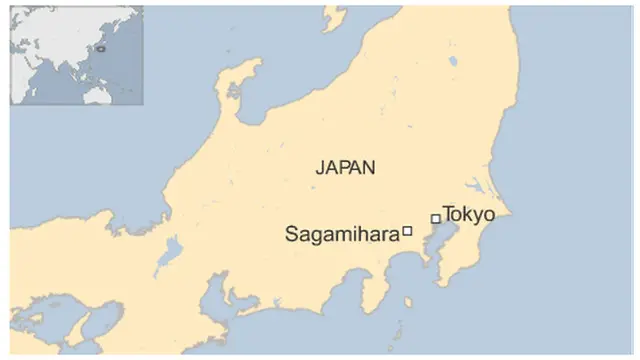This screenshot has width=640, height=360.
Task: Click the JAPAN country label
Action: click(x=346, y=168)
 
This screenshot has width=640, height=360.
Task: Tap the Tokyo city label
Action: click(x=469, y=213)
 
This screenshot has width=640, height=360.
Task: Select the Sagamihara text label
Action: click(x=342, y=235)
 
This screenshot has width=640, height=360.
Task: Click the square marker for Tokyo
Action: click(x=435, y=218)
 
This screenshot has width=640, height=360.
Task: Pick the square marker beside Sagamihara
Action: click(x=407, y=231)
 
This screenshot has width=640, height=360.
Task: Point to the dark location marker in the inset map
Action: click(x=100, y=46)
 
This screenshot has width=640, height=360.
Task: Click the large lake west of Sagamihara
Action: click(x=172, y=250)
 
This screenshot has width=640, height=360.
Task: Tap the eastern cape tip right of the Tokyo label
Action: click(x=509, y=213)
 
